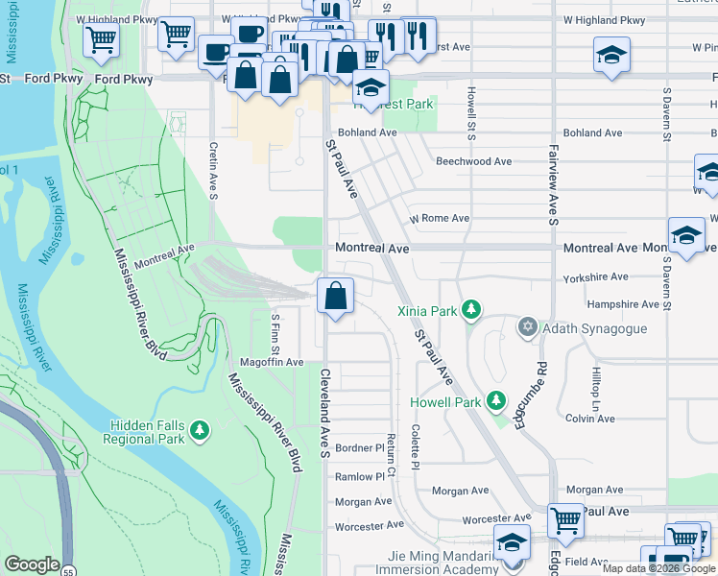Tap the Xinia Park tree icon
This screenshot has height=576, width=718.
(x=470, y=309)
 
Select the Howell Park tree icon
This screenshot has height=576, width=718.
(x=495, y=400)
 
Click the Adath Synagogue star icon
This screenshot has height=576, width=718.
(x=527, y=328)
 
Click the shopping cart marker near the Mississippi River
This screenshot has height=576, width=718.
(x=100, y=41)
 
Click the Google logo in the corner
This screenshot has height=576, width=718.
(x=32, y=564)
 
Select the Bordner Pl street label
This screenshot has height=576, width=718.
(x=360, y=448)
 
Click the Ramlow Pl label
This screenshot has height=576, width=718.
(x=360, y=475)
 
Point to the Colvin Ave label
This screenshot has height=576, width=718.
(x=590, y=418)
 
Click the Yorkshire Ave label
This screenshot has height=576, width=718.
(x=597, y=276)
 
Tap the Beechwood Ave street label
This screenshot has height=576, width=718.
(x=473, y=162)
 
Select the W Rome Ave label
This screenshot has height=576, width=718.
(x=440, y=218)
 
